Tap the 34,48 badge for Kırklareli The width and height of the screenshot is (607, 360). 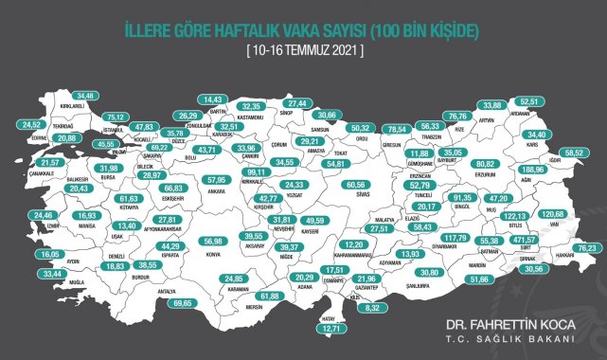(87, 96)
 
